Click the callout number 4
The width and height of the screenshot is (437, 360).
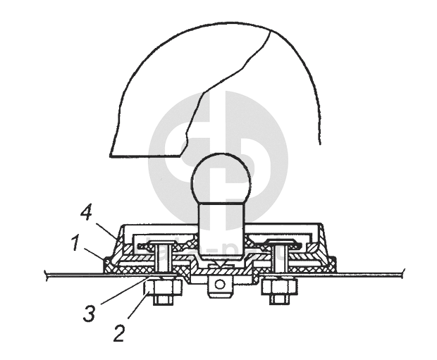click(x=86, y=213)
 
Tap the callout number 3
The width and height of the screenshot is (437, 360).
click(x=89, y=314)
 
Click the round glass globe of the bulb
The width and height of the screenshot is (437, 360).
click(x=221, y=178)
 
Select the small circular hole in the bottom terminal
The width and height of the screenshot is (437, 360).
click(x=221, y=284)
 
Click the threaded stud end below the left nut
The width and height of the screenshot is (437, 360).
click(x=163, y=299)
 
